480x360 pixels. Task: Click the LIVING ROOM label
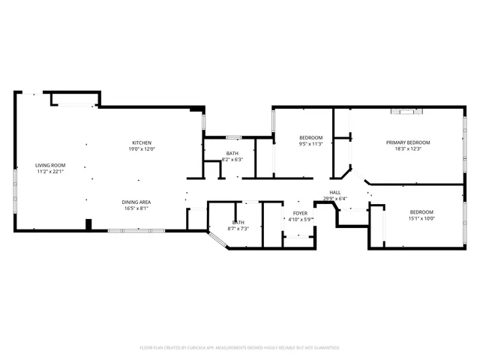[x=50, y=165]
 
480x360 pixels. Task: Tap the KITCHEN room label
[x=142, y=143]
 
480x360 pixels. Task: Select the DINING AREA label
[x=136, y=202]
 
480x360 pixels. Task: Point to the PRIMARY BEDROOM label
[x=408, y=142]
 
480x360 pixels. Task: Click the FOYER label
[x=300, y=214]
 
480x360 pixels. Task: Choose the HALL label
[x=335, y=193]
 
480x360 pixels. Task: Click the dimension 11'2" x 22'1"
[x=50, y=171]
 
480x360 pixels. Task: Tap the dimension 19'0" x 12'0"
[x=142, y=149]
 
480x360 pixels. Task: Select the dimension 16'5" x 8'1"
[x=136, y=208]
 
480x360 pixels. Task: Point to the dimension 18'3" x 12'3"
[x=408, y=148]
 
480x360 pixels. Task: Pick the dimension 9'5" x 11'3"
[x=310, y=144]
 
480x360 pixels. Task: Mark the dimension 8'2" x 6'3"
[x=232, y=160]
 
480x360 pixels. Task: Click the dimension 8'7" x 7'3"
[x=238, y=228]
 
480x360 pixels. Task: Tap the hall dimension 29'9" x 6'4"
[x=335, y=199]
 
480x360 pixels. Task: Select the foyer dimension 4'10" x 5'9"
[x=300, y=220]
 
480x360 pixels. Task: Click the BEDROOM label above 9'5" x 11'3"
[x=310, y=138]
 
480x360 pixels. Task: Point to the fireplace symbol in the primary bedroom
[x=407, y=112]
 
